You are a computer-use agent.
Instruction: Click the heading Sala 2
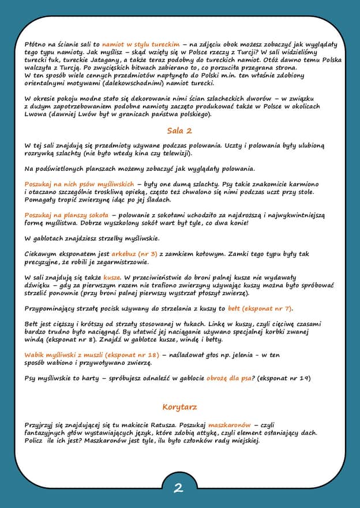(x=179, y=130)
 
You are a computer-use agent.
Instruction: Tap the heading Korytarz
(x=179, y=406)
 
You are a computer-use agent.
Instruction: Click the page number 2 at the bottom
(x=179, y=488)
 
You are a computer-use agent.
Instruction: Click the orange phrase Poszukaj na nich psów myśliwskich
(x=79, y=184)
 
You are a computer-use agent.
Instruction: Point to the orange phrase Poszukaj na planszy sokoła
(x=66, y=215)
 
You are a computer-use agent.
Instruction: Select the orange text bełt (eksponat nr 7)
(x=260, y=308)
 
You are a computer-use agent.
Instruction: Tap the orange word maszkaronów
(x=230, y=425)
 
